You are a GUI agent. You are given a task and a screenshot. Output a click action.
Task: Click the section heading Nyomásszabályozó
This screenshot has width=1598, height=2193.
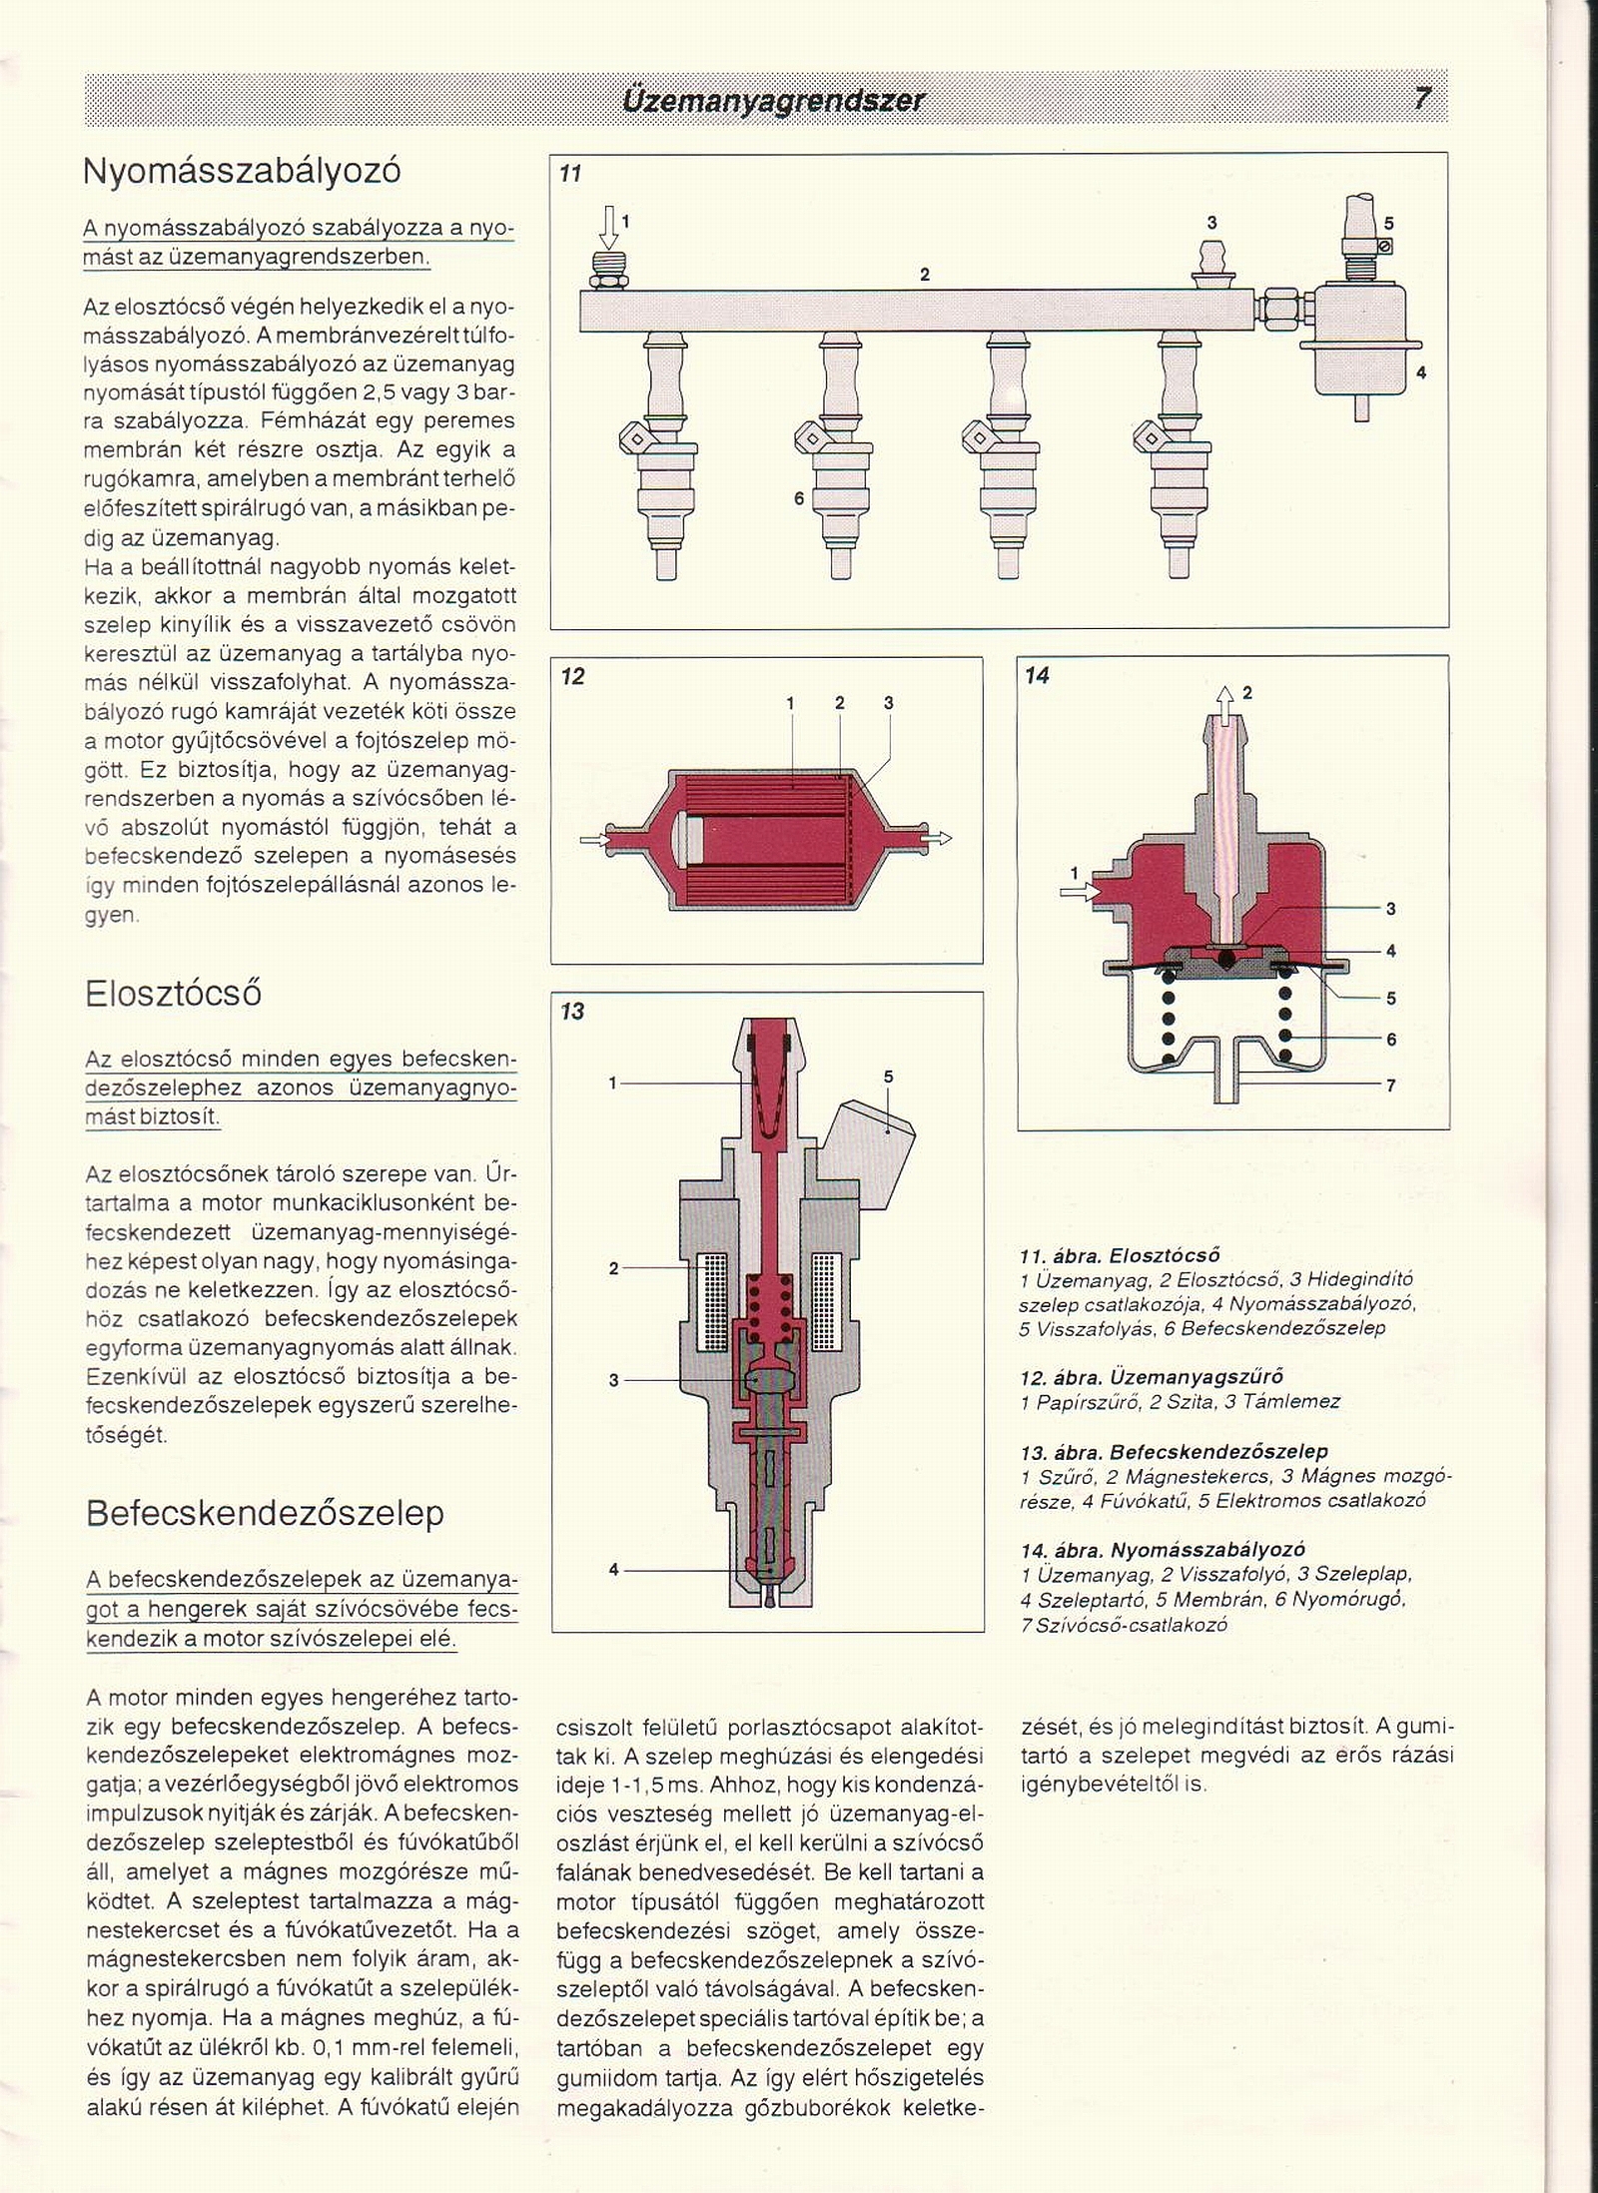click(242, 172)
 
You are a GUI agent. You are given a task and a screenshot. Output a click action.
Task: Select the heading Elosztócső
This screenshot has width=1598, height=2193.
click(173, 994)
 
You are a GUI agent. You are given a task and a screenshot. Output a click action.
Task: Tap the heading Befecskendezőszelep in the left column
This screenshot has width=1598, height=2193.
click(265, 1513)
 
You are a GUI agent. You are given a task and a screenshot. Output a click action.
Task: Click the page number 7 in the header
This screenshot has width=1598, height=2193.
click(1422, 99)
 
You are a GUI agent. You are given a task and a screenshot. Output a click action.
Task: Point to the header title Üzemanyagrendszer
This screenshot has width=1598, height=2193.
click(773, 101)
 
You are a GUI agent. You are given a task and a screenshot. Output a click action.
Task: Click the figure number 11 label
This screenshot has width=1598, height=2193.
click(570, 174)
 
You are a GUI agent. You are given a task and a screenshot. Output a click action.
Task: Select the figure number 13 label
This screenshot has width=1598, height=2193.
click(572, 1012)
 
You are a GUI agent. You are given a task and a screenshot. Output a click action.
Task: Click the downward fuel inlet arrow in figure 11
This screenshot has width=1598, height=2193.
click(607, 227)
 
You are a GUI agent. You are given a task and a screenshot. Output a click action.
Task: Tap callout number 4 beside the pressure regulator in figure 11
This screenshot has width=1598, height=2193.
click(1421, 373)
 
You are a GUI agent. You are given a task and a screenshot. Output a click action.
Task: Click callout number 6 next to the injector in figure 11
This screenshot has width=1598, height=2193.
click(799, 497)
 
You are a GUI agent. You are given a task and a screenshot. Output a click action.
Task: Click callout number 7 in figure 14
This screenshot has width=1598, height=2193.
click(1391, 1086)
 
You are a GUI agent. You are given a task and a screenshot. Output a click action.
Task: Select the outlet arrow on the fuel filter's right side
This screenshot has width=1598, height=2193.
click(939, 838)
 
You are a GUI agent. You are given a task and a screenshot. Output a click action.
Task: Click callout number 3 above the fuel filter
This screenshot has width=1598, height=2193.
click(889, 703)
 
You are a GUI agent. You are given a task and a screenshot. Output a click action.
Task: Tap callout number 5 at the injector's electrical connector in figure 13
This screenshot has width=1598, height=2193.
click(888, 1077)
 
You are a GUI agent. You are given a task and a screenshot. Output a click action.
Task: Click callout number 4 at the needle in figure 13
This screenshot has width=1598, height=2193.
click(613, 1570)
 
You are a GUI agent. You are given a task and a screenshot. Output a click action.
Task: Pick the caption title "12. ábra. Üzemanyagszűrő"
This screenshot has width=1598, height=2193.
click(1152, 1377)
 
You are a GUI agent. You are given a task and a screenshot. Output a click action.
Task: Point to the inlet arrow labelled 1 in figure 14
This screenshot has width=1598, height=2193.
click(1080, 890)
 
